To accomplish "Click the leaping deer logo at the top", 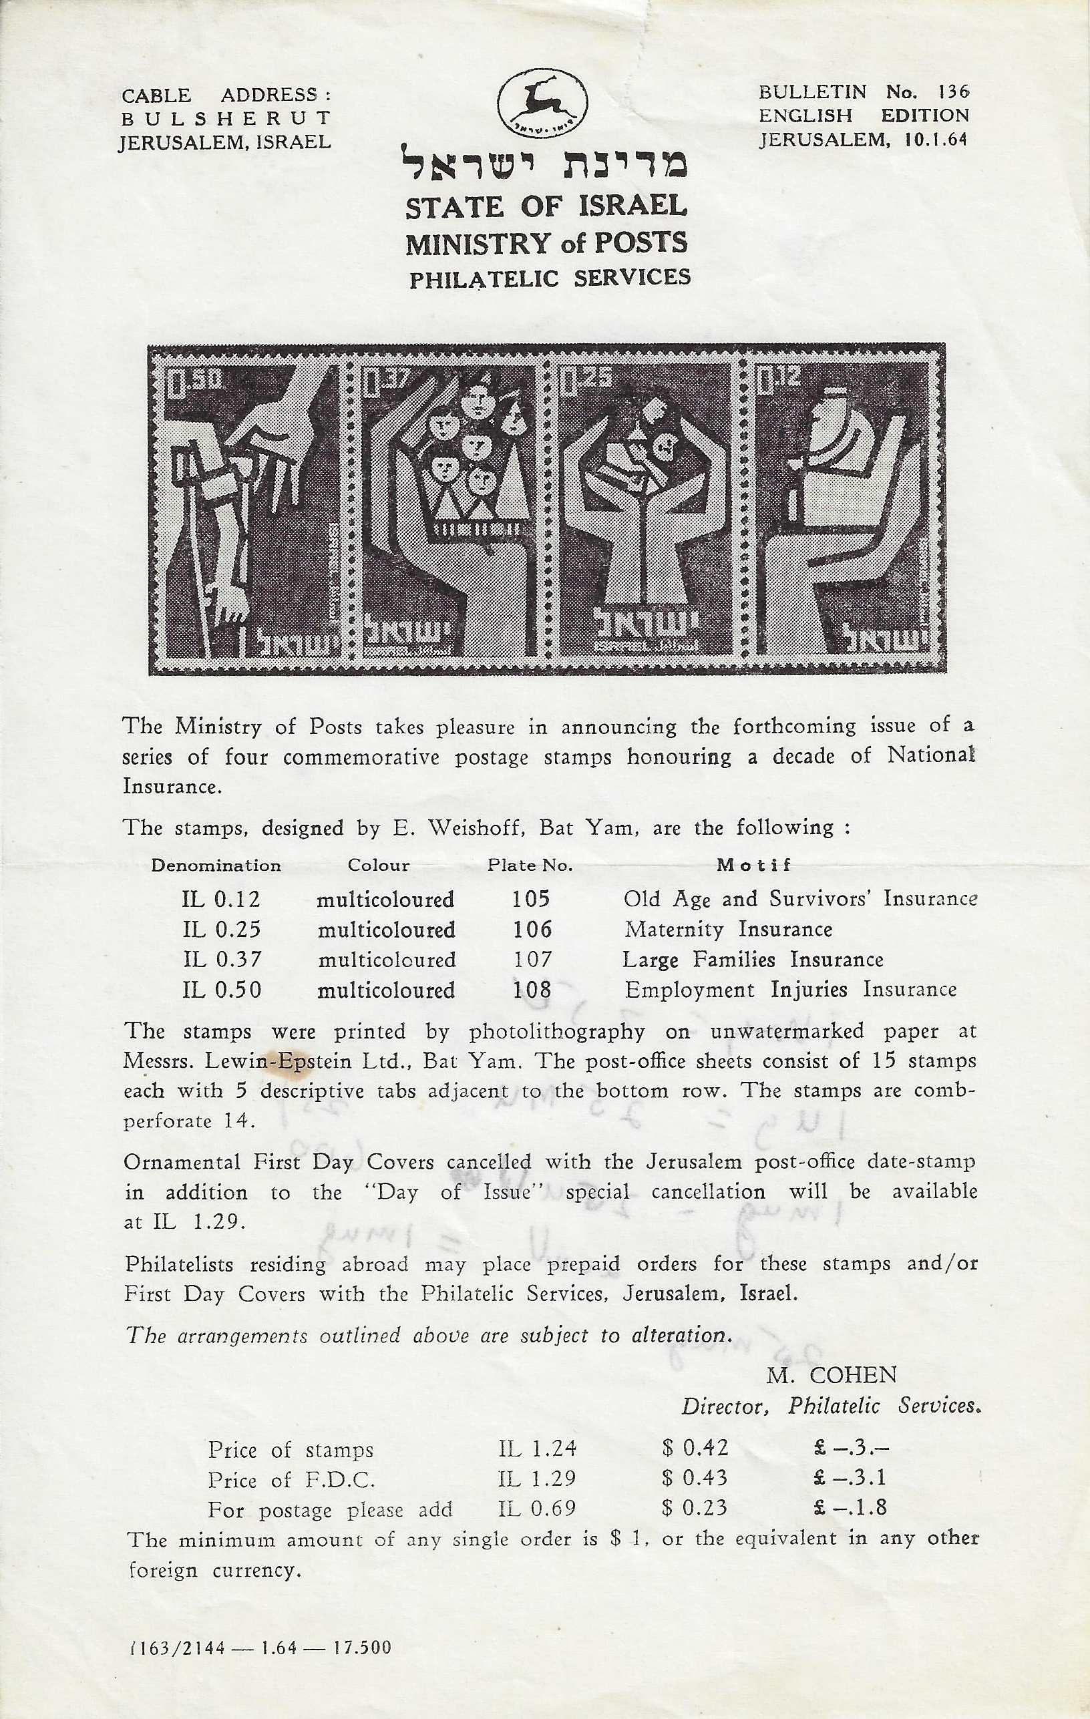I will (x=542, y=104).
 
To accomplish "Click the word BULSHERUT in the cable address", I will (x=226, y=118).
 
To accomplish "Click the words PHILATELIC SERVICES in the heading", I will (x=550, y=277).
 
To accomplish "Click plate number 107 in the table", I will (x=531, y=960).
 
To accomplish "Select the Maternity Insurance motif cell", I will (x=728, y=929).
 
